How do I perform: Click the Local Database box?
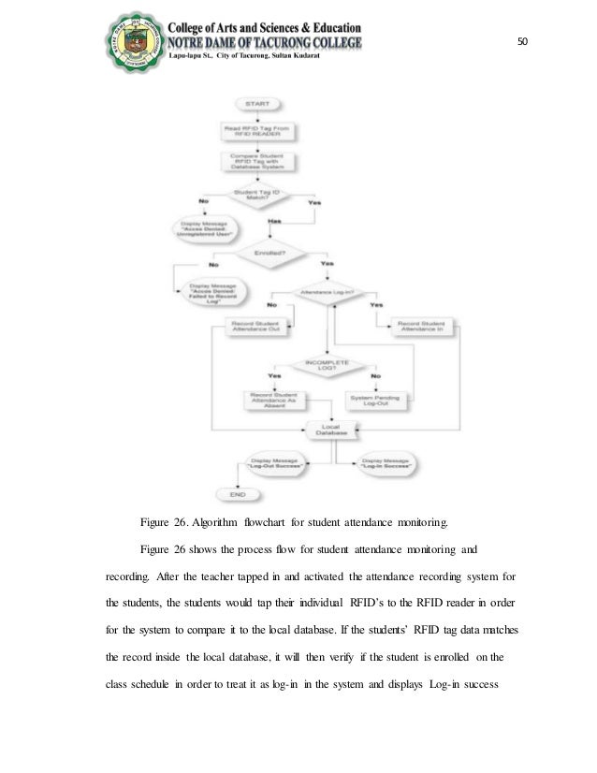[329, 430]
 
